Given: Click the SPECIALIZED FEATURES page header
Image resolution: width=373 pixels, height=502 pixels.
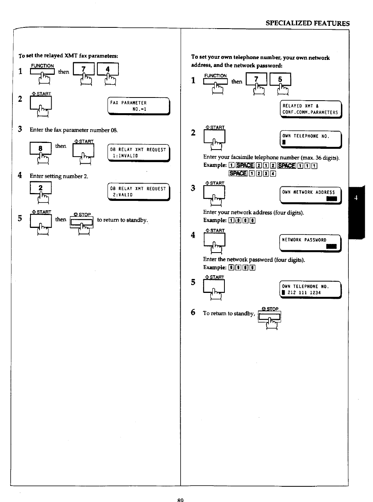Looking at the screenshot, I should click(307, 23).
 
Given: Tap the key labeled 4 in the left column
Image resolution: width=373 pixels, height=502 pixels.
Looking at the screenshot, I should click(108, 70).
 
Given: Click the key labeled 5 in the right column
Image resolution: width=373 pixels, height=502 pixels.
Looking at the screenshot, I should click(280, 79).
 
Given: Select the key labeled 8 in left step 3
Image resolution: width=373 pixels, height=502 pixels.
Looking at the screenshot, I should click(40, 149).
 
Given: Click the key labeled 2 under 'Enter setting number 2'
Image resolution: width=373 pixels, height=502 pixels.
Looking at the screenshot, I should click(40, 188).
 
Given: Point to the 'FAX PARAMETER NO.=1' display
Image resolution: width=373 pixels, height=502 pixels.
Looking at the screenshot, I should click(139, 106).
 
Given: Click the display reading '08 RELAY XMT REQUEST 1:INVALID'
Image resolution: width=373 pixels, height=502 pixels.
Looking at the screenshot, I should click(138, 153).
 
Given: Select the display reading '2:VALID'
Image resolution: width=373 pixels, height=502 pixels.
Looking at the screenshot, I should click(138, 192).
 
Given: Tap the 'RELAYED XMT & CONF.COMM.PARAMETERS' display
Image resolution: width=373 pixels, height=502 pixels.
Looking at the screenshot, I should click(310, 109).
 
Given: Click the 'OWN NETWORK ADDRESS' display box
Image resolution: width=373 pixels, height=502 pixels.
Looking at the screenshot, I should click(310, 195).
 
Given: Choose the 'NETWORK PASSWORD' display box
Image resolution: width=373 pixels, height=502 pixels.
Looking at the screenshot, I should click(310, 243).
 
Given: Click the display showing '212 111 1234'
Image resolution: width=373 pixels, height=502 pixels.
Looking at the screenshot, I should click(310, 290).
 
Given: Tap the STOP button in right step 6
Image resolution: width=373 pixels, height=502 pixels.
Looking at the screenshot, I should click(269, 316).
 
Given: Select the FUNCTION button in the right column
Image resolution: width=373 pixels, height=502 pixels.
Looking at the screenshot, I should click(215, 81).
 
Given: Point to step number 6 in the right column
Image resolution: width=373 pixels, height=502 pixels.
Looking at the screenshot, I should click(193, 312).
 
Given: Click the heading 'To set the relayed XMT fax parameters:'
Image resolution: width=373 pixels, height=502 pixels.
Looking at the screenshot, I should click(68, 56).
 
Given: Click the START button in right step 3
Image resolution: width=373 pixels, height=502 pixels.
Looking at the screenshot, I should click(214, 193).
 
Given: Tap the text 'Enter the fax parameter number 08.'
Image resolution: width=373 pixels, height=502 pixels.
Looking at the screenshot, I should click(74, 130).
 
